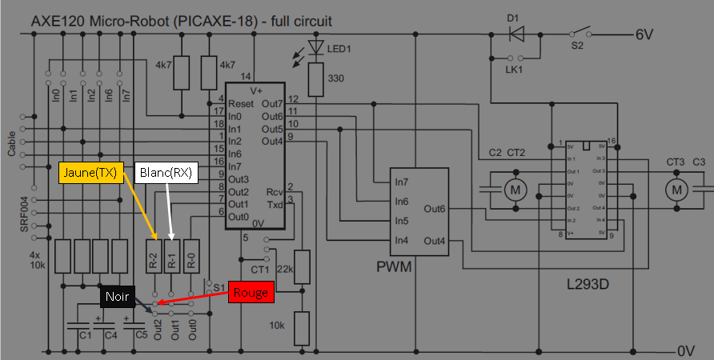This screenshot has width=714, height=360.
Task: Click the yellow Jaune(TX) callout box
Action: click(x=90, y=173)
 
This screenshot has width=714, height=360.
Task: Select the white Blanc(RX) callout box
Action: click(x=166, y=173)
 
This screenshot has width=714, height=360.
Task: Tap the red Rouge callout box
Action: click(x=251, y=293)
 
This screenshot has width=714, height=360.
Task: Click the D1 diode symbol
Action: click(x=517, y=34)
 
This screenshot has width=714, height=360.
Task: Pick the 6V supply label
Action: click(x=646, y=35)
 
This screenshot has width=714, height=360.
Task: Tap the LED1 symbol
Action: click(x=318, y=50)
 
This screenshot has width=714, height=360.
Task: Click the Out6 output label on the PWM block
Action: click(x=436, y=210)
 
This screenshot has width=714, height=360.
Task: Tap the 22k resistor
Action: click(x=301, y=266)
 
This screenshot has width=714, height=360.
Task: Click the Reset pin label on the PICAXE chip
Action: click(x=241, y=105)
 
